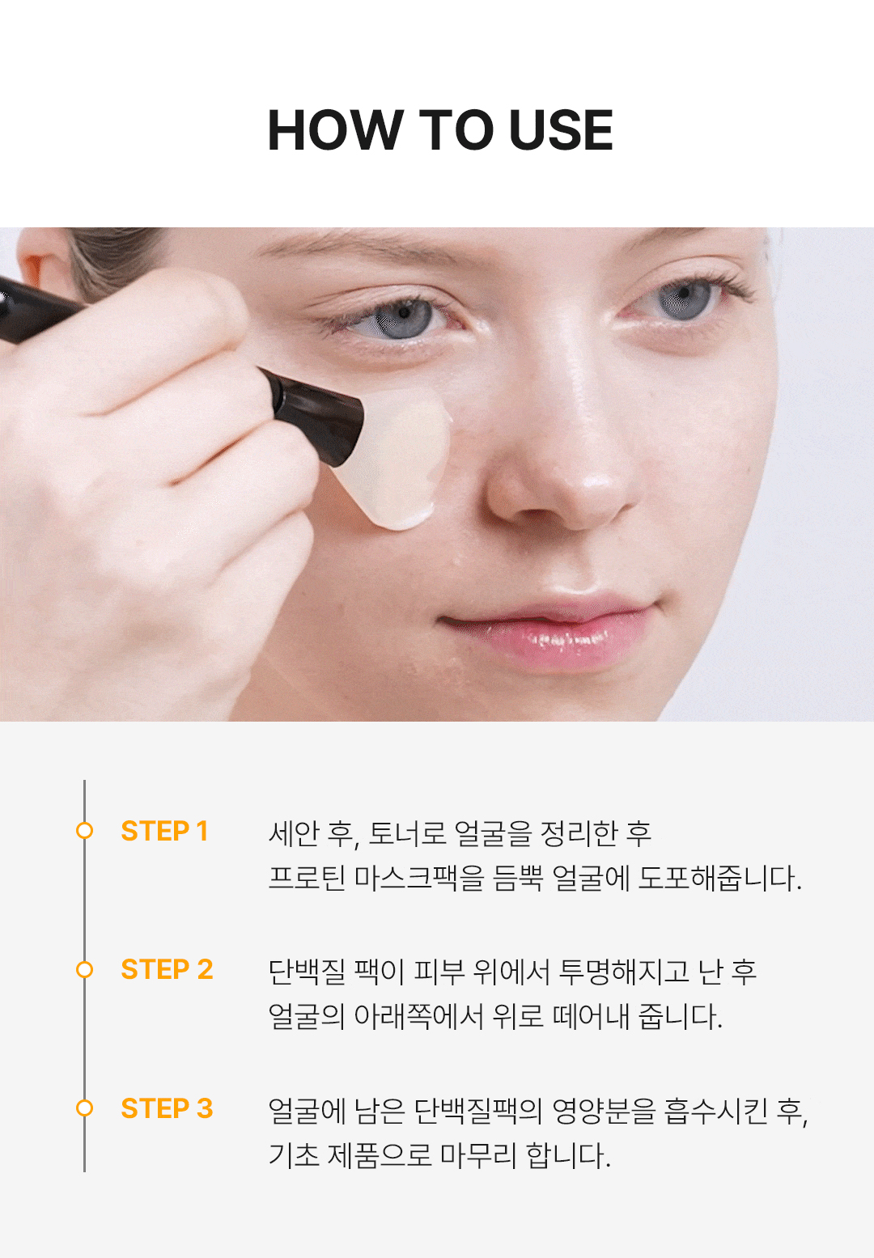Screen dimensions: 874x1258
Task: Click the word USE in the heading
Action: pos(561,129)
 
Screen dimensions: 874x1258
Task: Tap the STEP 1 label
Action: pos(164,831)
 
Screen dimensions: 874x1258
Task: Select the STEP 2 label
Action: pos(167,969)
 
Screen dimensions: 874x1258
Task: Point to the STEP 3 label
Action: pos(167,1108)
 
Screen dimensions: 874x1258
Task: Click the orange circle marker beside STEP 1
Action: pos(84,831)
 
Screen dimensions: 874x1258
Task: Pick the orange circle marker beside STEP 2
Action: pos(84,969)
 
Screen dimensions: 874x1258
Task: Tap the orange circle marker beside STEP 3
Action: pos(84,1108)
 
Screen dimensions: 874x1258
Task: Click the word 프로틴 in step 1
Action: pos(307,878)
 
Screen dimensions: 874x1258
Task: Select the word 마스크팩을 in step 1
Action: pos(419,878)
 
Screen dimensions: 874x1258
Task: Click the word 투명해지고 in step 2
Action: pos(623,972)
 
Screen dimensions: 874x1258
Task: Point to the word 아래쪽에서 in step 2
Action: pos(418,1016)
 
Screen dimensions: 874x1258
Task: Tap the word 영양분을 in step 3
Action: pos(604,1110)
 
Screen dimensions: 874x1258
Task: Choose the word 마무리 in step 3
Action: pos(478,1155)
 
